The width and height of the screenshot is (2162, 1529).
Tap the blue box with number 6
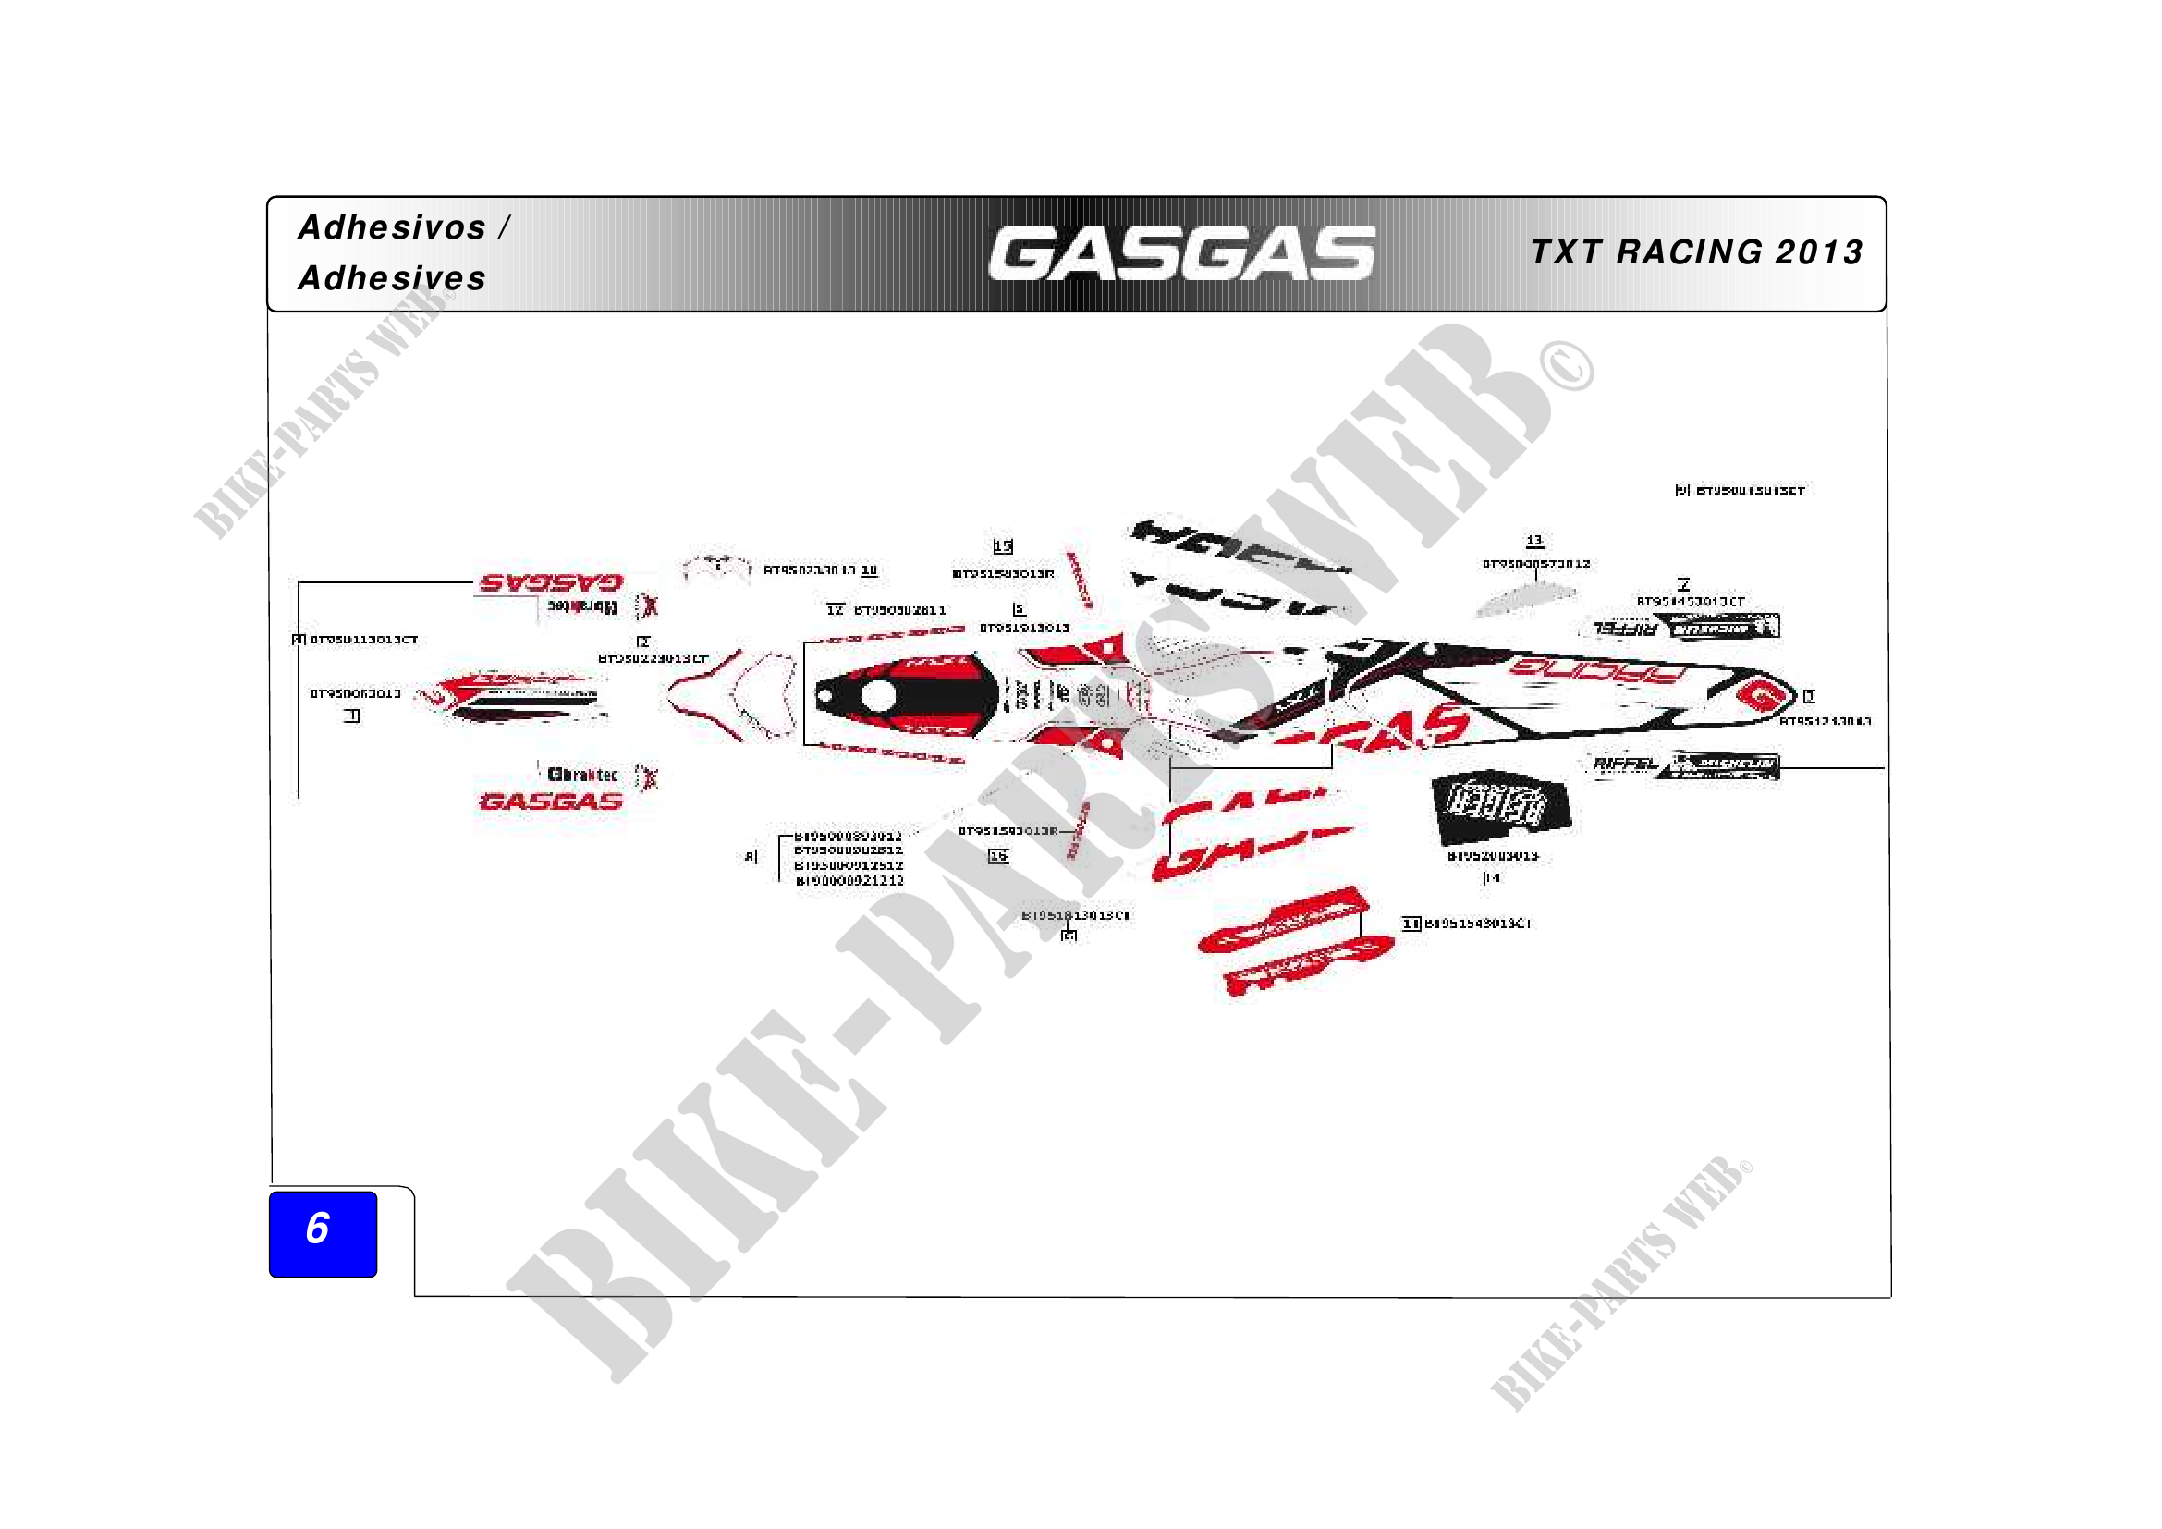[x=323, y=1233]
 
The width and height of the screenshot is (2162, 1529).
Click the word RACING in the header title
[x=1690, y=252]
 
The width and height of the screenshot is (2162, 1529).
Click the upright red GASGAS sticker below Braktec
[x=552, y=802]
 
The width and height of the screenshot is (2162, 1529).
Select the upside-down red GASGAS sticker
[x=552, y=582]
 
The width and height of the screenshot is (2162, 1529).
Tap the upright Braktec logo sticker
[x=583, y=775]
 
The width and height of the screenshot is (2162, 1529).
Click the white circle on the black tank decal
[x=878, y=697]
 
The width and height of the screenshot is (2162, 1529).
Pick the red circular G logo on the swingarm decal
[x=1758, y=697]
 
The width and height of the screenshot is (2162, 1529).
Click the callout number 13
[x=1534, y=541]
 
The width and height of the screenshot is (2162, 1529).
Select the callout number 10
[x=869, y=569]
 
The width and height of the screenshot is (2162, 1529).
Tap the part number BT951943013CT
[x=1477, y=924]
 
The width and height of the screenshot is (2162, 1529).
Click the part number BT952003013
[x=1493, y=856]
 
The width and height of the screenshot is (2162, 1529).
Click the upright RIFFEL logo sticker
[x=1623, y=764]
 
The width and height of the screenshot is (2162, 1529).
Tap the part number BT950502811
[x=899, y=610]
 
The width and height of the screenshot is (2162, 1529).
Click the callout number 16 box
[x=998, y=856]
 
